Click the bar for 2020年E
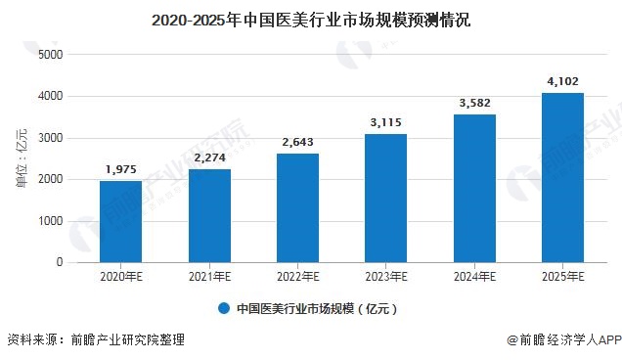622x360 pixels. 120,222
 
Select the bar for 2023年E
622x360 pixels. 385,199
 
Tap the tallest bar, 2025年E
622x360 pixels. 562,178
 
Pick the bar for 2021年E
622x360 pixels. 208,216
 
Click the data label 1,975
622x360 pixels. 120,169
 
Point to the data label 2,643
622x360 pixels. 297,142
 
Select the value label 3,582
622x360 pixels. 474,103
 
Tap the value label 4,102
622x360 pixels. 562,81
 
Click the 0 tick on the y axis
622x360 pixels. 58,262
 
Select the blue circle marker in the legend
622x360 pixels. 223,308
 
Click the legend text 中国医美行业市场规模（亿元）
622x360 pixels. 318,308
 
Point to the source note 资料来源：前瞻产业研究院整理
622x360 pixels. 95,340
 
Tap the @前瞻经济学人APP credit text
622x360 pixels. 563,340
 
